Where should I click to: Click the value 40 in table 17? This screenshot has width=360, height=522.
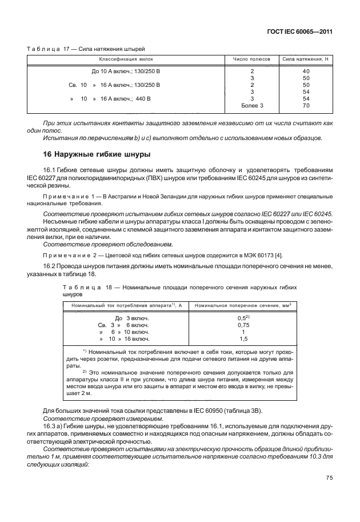coord(306,71)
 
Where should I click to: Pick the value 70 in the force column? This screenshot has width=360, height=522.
coord(306,105)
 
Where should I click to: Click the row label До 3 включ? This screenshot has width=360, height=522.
coord(124,317)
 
